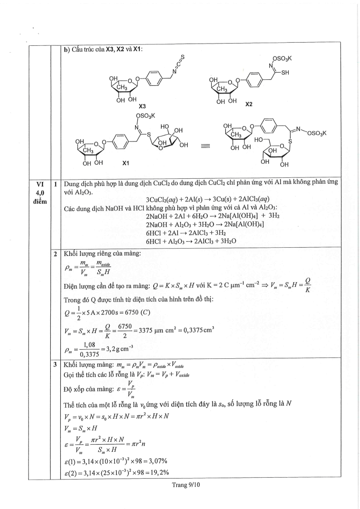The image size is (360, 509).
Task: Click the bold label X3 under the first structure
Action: pyautogui.click(x=142, y=106)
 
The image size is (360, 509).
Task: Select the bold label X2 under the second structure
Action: pyautogui.click(x=248, y=104)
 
